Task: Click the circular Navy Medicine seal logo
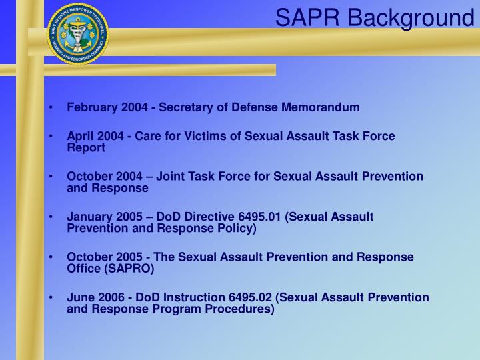pos(78,33)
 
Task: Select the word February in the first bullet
pos(90,107)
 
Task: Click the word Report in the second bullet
pos(86,147)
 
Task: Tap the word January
pos(89,217)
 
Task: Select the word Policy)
pos(235,228)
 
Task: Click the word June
pos(79,297)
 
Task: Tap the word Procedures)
pos(237,309)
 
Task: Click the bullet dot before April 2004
pos(51,137)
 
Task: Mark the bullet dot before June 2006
pos(51,298)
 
